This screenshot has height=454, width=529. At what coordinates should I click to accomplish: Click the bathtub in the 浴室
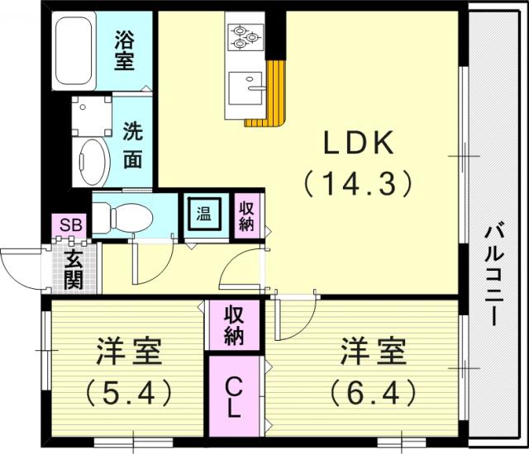pos(74,51)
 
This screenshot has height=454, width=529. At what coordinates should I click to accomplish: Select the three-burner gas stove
pos(245,37)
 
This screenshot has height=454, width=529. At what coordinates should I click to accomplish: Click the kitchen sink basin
pos(245,88)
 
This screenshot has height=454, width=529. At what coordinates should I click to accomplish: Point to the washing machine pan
pos(92,116)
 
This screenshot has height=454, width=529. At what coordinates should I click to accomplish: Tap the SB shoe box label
pos(71,225)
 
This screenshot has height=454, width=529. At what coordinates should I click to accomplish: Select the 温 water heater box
pos(205,214)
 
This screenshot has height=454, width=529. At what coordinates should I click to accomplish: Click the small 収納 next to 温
pos(246,216)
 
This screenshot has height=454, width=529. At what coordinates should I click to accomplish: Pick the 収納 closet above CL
pos(234,325)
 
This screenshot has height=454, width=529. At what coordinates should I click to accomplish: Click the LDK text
pos(359,142)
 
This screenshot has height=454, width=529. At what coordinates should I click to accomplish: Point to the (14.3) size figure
pos(358,183)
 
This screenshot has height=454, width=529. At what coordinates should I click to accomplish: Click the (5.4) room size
pos(128,392)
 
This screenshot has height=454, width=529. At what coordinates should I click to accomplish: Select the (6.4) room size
pos(373,392)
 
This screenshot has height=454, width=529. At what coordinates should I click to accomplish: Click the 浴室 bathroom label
pos(124,50)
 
